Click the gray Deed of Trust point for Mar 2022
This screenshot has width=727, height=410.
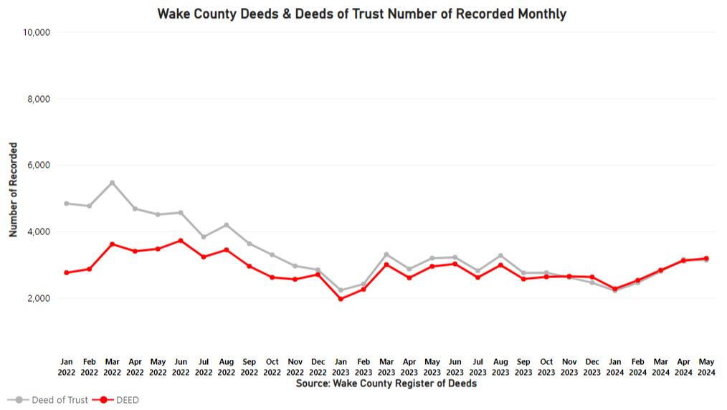coord(113,182)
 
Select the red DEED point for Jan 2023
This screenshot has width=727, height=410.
coord(341,299)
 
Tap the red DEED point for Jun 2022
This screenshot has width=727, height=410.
coord(181,240)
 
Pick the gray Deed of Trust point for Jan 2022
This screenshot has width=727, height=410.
coord(67,204)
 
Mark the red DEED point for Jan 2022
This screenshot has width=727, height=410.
coord(67,272)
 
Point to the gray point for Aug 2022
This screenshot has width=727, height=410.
coord(227,225)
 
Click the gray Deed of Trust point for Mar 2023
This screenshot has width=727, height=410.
coord(386,254)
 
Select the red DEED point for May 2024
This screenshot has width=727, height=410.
coord(706,258)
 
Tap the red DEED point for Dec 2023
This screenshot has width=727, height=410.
coord(592,277)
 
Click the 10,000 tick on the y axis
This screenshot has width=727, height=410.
coord(35,32)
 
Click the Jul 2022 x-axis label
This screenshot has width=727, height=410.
coord(204,367)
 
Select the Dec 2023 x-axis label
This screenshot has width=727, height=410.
coord(592,367)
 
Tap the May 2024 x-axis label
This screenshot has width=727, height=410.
coord(706,367)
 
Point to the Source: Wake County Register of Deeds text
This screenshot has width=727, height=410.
coord(386,383)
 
